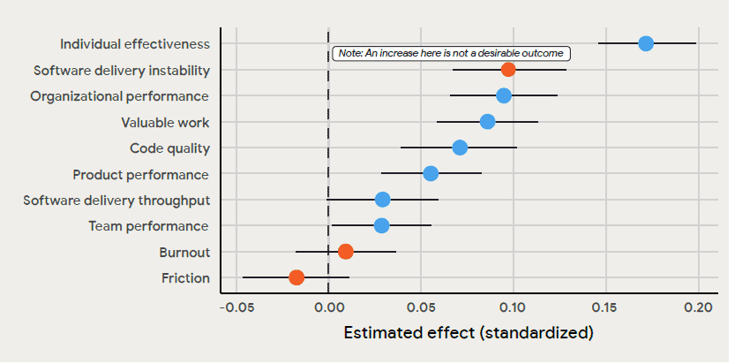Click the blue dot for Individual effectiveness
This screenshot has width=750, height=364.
coord(646,43)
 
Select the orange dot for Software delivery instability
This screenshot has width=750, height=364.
coord(508,69)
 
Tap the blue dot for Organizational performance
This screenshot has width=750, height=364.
coord(504,95)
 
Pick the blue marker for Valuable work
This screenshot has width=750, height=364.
coord(487,121)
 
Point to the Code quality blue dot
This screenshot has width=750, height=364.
coord(460,148)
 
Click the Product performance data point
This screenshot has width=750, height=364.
coord(431,173)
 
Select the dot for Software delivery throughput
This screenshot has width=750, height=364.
coord(382,200)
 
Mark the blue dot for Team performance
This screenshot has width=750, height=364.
coord(381,225)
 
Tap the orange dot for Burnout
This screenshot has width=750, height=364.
coord(346,252)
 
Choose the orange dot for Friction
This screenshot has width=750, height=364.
coord(296,277)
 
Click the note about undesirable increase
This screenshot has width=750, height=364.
coord(450,54)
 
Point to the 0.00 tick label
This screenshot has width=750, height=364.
coord(328,307)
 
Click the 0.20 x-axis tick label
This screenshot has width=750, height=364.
coord(698,307)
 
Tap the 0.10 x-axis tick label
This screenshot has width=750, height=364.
coord(513,307)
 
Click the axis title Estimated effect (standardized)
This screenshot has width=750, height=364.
coord(468,333)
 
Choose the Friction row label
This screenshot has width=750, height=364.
coord(185,278)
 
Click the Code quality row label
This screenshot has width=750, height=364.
coord(169,148)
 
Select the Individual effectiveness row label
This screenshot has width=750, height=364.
coord(134,44)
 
